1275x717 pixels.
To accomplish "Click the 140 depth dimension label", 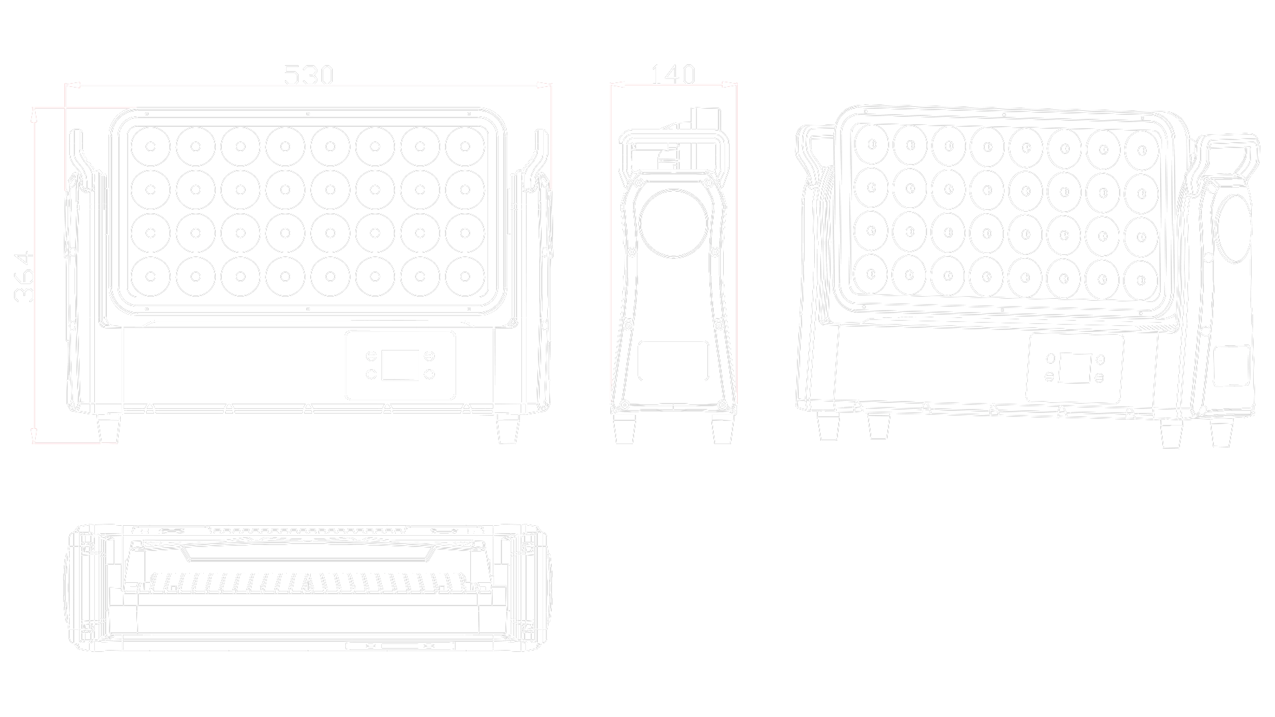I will pos(672,75).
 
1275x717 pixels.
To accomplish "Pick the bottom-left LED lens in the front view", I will pos(151,276).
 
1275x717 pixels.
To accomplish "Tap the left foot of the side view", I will pos(624,430).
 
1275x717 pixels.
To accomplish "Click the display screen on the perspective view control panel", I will pos(1074,368).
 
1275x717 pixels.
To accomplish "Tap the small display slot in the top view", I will pos(402,645).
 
